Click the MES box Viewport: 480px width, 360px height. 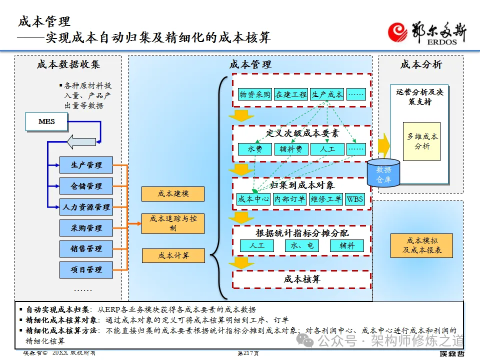tap(46, 121)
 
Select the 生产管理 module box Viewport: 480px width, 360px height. tap(86, 165)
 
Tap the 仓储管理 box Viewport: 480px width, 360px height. tap(86, 186)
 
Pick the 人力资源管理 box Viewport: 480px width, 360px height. tap(86, 207)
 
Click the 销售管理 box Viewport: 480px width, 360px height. tap(86, 248)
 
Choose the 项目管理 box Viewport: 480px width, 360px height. tap(86, 269)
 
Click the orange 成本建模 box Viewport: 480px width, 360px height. tap(173, 194)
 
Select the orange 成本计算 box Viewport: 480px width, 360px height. tap(173, 255)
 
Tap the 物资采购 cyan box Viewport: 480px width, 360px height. tap(254, 94)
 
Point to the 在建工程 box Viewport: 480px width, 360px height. tap(290, 94)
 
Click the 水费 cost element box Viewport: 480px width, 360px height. tap(254, 149)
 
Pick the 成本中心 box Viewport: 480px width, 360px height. tap(253, 199)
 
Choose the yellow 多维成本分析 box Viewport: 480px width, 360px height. tap(421, 141)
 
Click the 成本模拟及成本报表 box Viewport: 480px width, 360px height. tap(421, 245)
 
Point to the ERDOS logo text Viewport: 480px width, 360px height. tap(442, 42)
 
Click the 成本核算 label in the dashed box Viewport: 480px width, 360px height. tap(301, 279)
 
